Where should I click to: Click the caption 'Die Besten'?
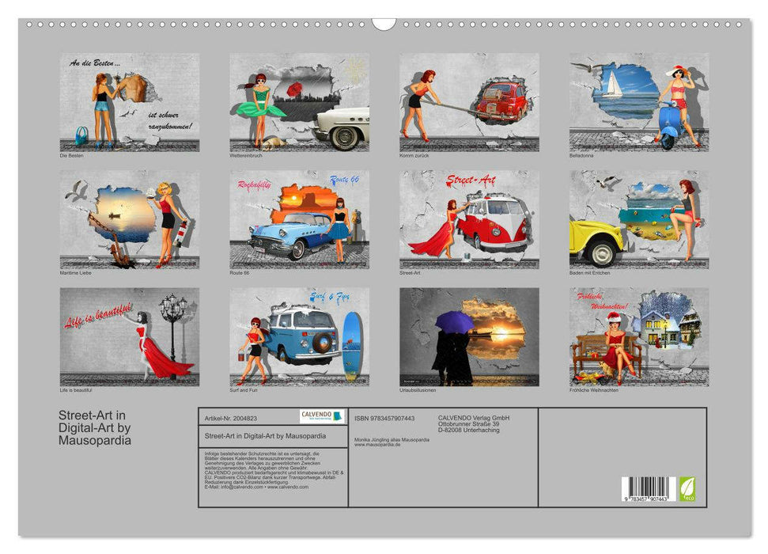(x=71, y=155)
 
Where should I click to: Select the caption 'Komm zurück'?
(x=414, y=155)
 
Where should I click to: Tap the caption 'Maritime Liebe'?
(x=77, y=273)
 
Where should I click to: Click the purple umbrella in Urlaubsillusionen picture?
(x=455, y=320)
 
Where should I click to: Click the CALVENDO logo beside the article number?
(x=322, y=416)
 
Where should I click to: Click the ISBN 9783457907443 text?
(x=384, y=418)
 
